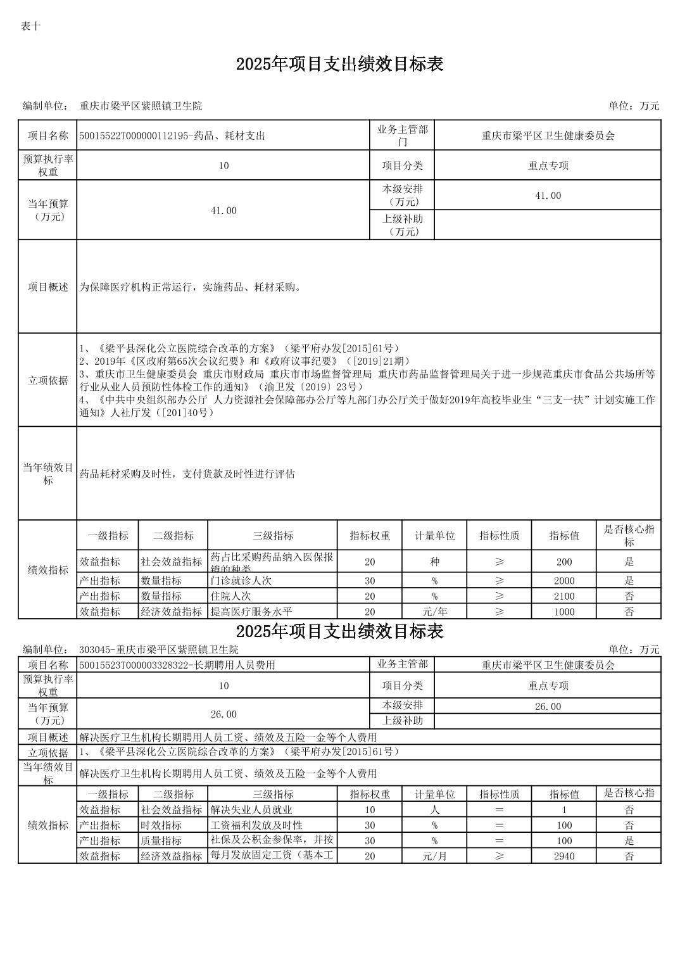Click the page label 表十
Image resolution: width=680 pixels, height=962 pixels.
click(x=31, y=26)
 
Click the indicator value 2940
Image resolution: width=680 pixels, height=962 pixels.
click(x=564, y=856)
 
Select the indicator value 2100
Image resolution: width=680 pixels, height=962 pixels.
click(x=564, y=596)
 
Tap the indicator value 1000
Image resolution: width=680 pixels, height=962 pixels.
click(x=564, y=612)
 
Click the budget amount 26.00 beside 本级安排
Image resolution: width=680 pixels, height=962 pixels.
click(x=548, y=706)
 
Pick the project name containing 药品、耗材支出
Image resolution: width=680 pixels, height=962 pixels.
click(x=172, y=136)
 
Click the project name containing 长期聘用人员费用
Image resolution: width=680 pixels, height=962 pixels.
click(x=177, y=665)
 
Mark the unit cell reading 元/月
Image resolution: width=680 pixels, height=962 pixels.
click(x=434, y=856)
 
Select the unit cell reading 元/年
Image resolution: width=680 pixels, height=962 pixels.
click(x=434, y=612)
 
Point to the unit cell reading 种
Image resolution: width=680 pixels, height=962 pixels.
click(x=434, y=562)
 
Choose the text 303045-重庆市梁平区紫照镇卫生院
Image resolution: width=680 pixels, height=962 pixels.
click(x=159, y=650)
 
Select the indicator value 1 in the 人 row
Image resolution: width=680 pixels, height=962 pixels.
click(x=564, y=809)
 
